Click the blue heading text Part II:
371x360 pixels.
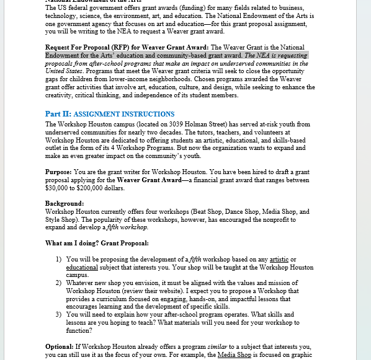click(x=58, y=114)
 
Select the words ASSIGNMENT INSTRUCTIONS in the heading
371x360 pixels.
click(x=123, y=114)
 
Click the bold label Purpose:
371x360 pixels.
click(x=58, y=172)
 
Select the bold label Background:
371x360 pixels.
click(x=65, y=203)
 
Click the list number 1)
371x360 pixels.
click(x=59, y=259)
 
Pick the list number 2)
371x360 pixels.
click(x=59, y=283)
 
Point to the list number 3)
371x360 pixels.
click(x=59, y=314)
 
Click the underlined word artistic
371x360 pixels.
click(x=280, y=259)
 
